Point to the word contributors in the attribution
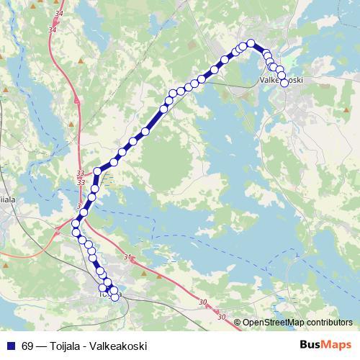tap(329, 323)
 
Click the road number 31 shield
tap(128, 257)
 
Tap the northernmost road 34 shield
tap(58, 13)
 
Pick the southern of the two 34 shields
tap(51, 30)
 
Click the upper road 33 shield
tap(80, 173)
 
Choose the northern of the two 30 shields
tap(202, 303)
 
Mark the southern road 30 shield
tap(220, 317)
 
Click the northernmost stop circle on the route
tap(251, 43)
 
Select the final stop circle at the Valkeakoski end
tap(284, 83)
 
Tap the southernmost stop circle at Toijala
tap(114, 297)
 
